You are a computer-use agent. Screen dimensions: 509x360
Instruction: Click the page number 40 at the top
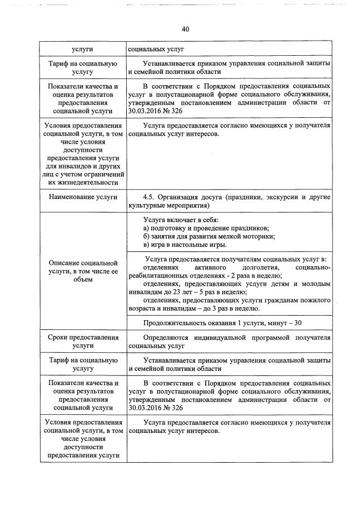click(185, 29)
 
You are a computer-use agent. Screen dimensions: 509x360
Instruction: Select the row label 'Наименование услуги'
click(83, 197)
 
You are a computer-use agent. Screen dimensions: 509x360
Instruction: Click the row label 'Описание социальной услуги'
click(83, 271)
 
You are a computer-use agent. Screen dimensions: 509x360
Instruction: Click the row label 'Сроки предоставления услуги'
click(83, 342)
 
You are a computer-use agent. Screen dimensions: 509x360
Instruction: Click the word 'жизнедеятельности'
click(83, 182)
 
